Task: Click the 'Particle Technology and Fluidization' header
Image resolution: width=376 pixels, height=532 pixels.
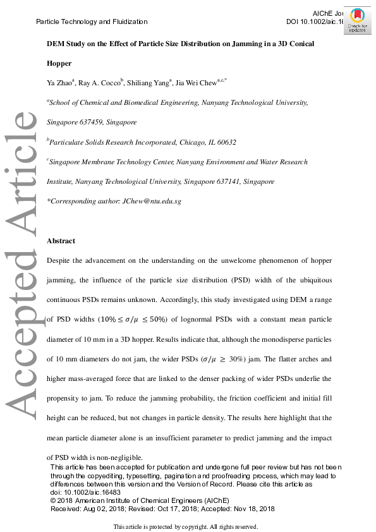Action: [x=92, y=21]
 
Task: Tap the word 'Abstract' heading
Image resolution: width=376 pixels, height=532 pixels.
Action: [x=61, y=241]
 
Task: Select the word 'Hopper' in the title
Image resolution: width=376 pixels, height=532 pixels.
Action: [x=59, y=63]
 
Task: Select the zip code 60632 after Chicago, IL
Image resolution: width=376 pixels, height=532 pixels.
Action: [x=225, y=142]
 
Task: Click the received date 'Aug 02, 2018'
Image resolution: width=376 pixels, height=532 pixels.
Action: [x=102, y=508]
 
